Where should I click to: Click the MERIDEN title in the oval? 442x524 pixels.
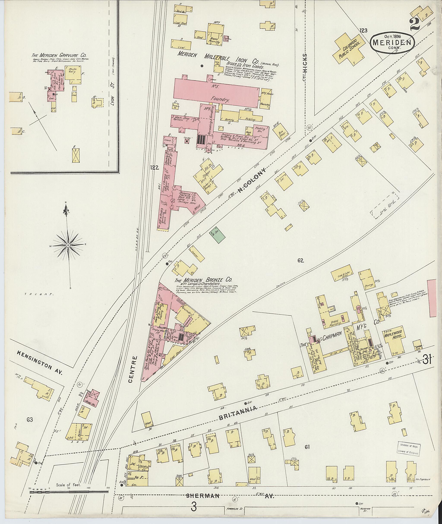[392, 42]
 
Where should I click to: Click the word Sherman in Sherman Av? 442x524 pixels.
[203, 496]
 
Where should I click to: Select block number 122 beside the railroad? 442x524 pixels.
[155, 168]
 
